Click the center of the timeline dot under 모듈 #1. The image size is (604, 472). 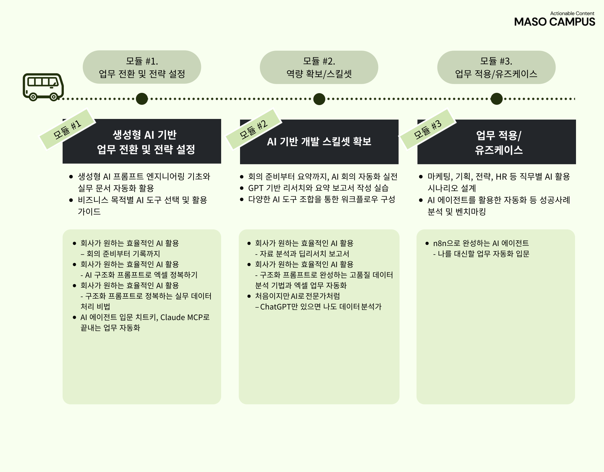[142, 99]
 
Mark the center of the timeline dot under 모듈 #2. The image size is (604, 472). [319, 99]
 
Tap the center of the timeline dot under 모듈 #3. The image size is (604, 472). [497, 99]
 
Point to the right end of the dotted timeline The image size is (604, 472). [575, 99]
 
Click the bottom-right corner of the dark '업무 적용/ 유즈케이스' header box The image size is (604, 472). [576, 164]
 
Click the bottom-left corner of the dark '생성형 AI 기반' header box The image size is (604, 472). [63, 163]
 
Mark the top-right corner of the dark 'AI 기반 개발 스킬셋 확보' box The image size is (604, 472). [399, 120]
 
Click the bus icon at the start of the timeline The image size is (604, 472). [43, 87]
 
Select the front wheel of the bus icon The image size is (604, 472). [54, 97]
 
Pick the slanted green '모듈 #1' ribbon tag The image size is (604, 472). [67, 129]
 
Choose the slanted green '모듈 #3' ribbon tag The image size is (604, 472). [428, 129]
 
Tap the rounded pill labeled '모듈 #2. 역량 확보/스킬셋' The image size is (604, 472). [319, 67]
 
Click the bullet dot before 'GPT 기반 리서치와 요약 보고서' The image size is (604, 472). [242, 188]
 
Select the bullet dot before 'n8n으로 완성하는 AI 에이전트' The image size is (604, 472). [427, 243]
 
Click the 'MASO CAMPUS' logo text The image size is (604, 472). [555, 22]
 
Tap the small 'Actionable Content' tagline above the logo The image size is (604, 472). [572, 13]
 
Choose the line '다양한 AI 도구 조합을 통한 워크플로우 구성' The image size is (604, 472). [322, 199]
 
